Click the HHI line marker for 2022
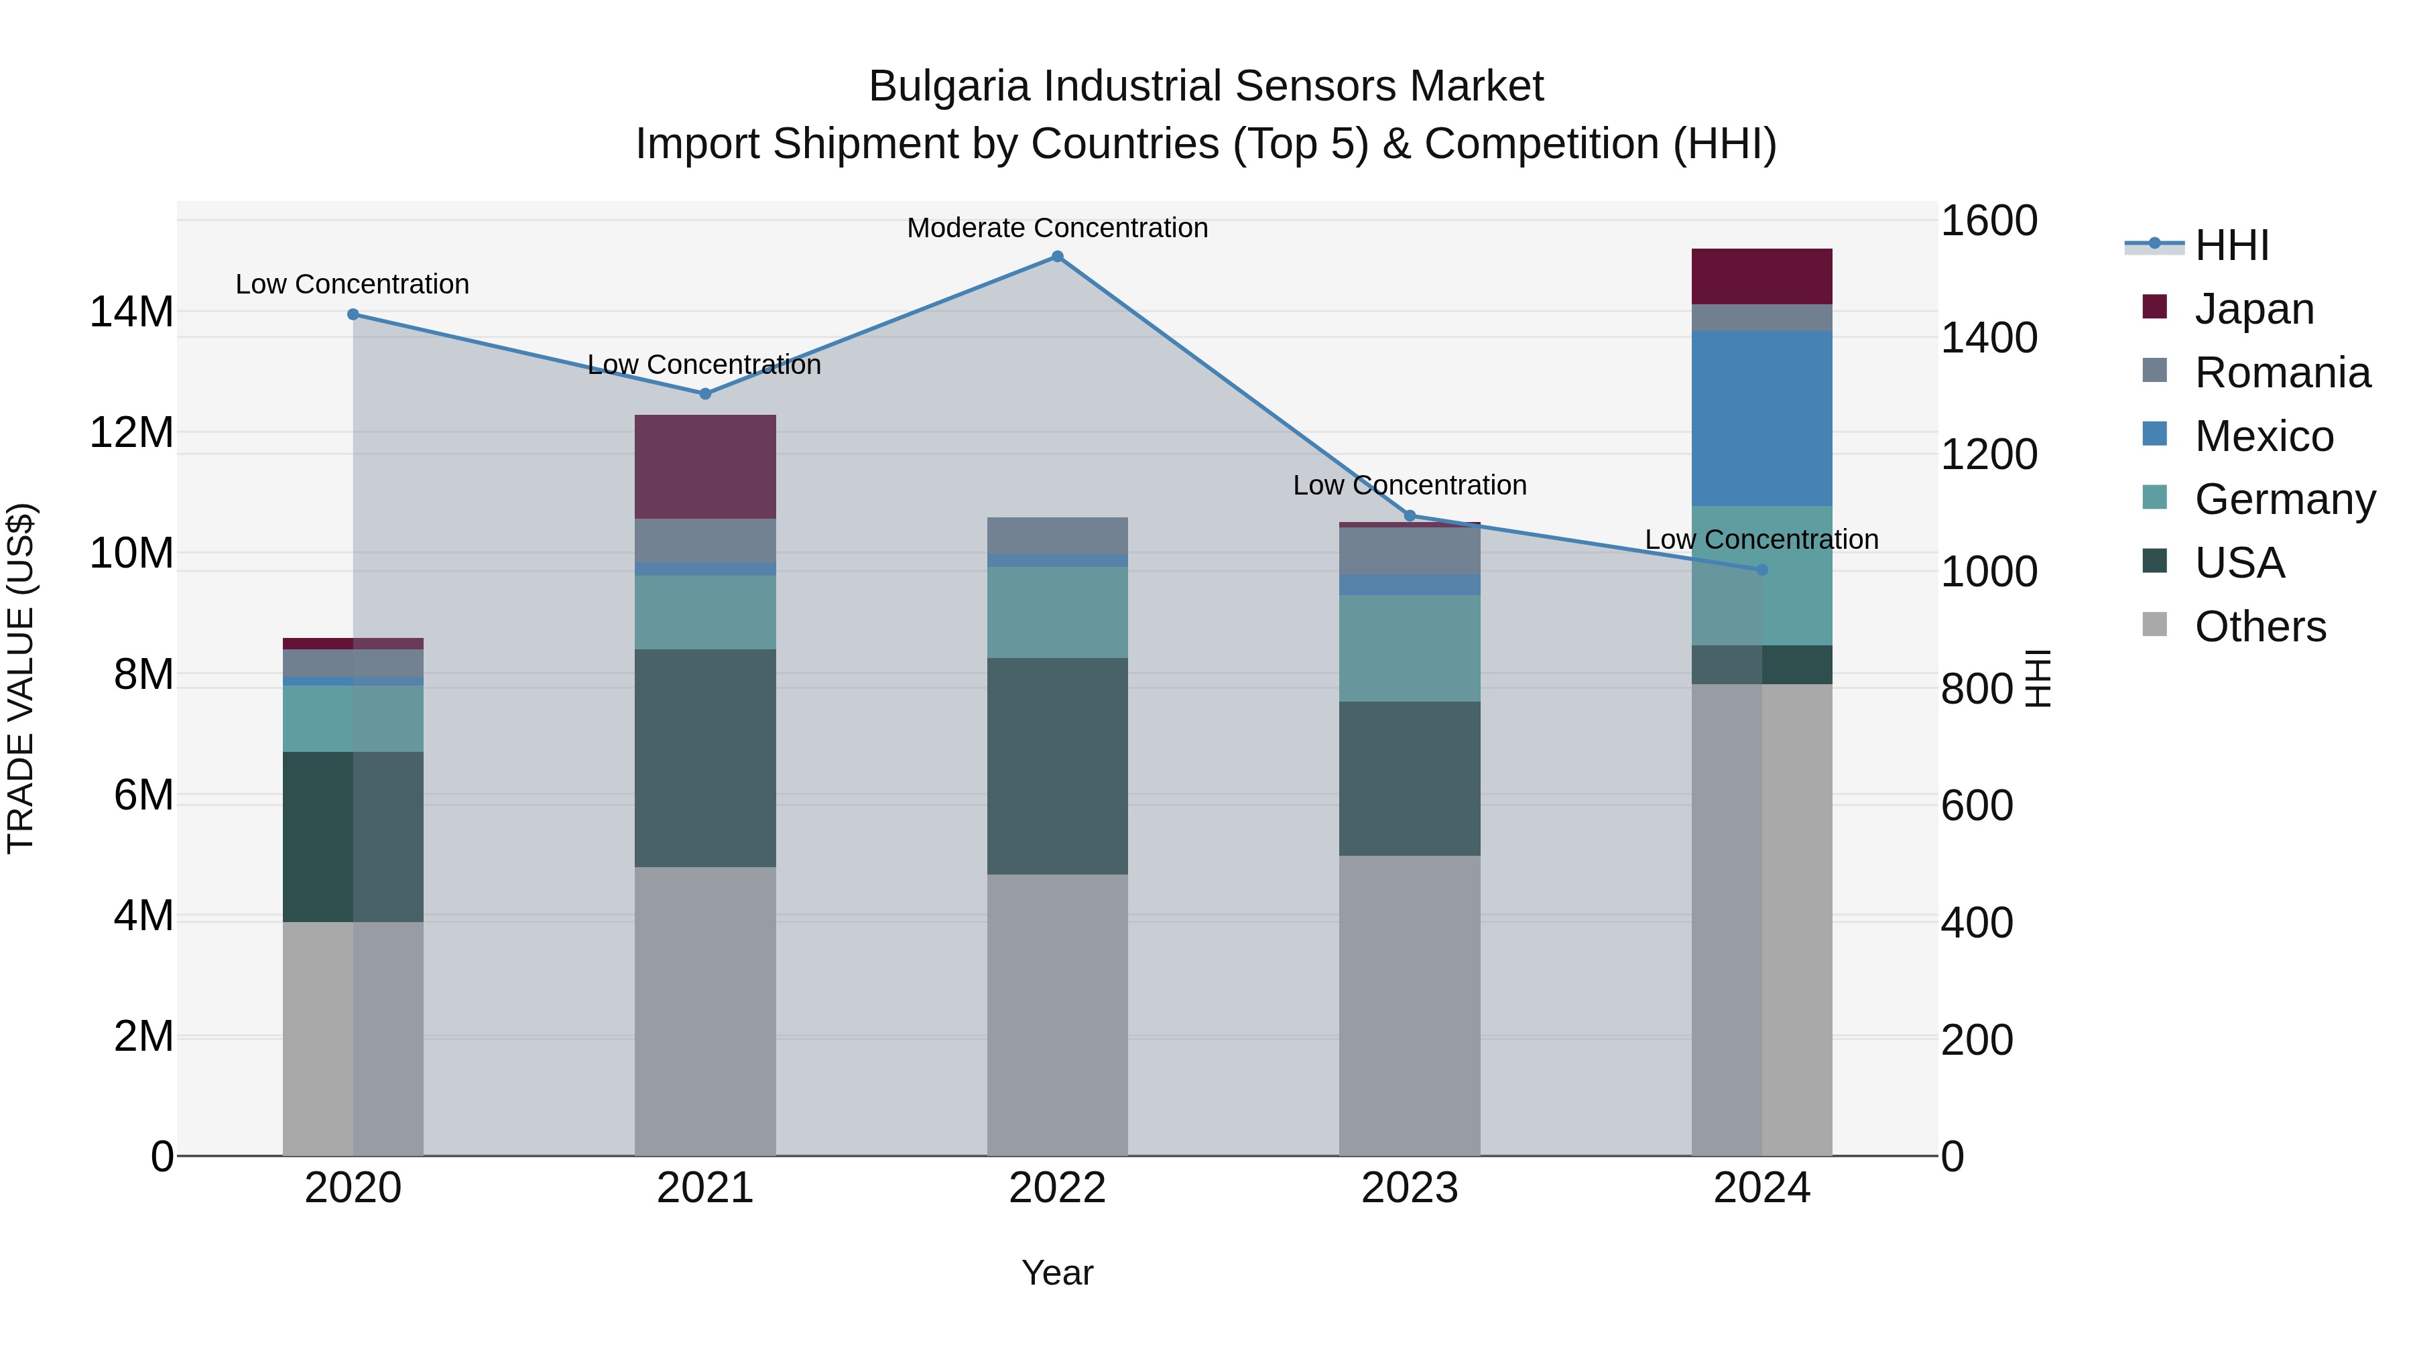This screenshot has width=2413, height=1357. [1058, 257]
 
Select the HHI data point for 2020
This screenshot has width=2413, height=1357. [353, 315]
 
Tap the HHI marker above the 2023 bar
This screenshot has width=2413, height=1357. [1410, 516]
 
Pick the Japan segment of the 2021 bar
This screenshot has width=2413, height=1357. [705, 466]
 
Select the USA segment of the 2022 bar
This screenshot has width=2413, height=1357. [1058, 766]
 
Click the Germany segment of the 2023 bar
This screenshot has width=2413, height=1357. [1410, 648]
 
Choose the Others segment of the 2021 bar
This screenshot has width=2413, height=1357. [705, 1011]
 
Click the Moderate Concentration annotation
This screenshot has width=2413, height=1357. [1058, 228]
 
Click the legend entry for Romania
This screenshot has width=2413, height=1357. [2282, 373]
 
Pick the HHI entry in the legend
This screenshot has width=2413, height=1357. [2231, 245]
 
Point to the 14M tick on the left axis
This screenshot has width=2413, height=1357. [131, 312]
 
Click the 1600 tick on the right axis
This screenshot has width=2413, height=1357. [1989, 221]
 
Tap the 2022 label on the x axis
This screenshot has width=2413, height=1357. [1058, 1188]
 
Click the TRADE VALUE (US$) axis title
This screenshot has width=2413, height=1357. [21, 678]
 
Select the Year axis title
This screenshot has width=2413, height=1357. [1058, 1273]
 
